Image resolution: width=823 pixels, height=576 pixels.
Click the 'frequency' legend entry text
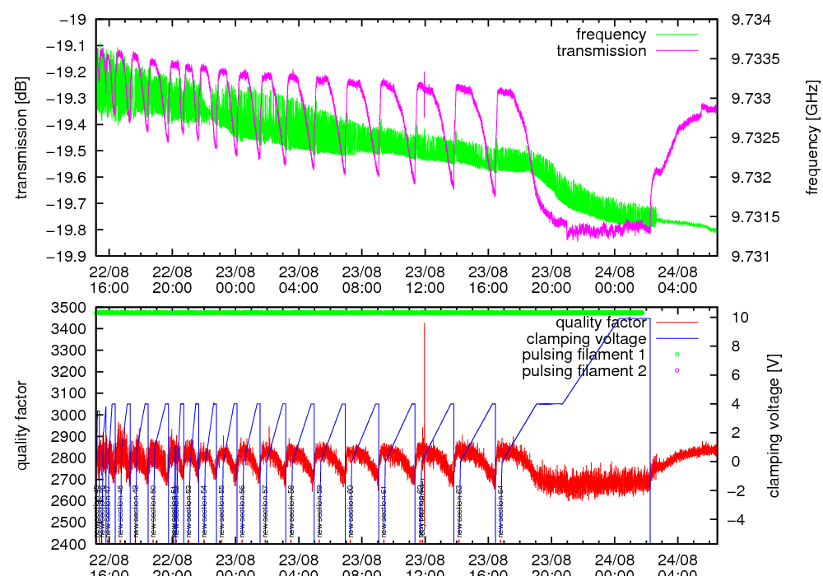611,35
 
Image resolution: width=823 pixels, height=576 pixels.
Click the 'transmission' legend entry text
602,51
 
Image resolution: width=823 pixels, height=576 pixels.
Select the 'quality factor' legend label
600,323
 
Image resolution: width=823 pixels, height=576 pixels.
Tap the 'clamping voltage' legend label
586,339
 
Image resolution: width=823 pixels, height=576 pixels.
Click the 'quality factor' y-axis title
22,425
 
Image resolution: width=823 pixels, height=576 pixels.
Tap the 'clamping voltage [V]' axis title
773,425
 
